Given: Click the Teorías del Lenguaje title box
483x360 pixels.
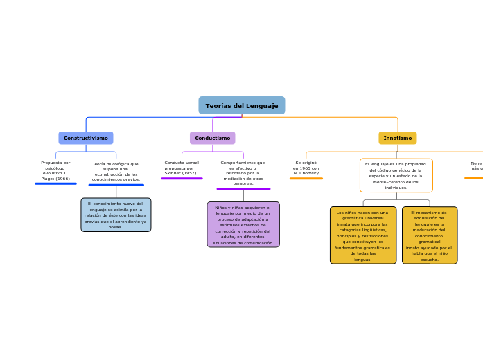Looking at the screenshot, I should (241, 105).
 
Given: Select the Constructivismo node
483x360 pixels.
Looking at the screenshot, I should (86, 138).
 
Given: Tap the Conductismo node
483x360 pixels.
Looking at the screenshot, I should (212, 138).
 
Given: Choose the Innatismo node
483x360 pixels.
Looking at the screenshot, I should (397, 138).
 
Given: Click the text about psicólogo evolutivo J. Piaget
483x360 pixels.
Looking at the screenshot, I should (55, 170).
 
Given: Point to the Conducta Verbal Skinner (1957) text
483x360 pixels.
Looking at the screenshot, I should (182, 168).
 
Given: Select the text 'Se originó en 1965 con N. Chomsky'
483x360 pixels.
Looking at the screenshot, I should (306, 168).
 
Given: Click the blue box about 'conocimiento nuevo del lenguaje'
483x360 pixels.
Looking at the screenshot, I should (116, 215).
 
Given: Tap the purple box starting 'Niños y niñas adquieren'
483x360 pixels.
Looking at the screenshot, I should (243, 224).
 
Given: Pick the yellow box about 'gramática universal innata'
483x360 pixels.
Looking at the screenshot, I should (362, 235).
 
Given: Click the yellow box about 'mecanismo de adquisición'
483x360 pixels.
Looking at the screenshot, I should (429, 235).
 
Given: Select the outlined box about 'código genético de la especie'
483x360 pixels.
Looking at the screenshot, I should (396, 175).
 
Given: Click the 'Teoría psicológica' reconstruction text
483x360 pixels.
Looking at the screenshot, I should (116, 172).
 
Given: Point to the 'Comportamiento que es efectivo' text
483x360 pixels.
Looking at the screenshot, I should (243, 172).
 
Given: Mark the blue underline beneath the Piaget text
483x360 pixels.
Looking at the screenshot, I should (55, 183).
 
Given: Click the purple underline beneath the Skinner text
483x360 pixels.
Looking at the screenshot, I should (182, 178).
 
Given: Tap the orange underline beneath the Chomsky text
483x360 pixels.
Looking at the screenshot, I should (306, 178).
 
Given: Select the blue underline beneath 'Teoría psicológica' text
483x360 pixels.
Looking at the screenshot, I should (116, 185).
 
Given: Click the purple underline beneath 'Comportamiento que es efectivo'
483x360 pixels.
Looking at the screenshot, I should (243, 188).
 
